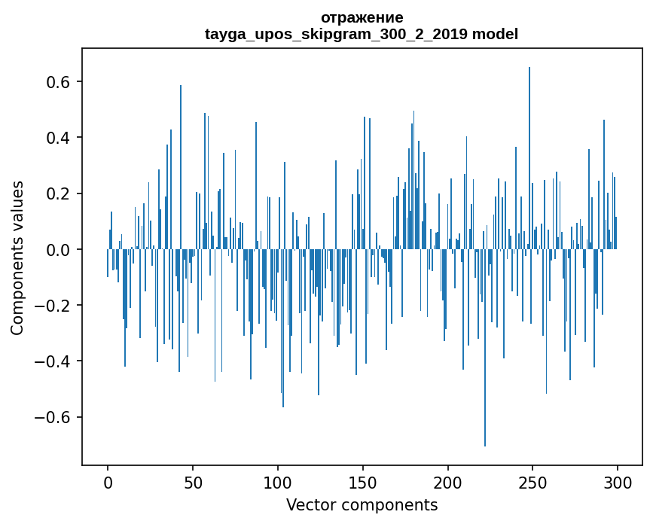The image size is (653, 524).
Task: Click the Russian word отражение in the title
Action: tap(362, 17)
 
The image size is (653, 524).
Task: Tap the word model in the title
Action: tap(495, 34)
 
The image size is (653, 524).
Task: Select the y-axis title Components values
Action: tap(17, 257)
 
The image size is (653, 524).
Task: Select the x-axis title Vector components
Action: tap(362, 504)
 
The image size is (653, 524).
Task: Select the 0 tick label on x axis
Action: tap(108, 482)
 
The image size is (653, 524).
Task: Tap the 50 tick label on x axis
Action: tap(193, 482)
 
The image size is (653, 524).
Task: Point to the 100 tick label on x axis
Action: tap(278, 482)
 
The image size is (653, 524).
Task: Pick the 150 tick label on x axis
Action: tap(363, 482)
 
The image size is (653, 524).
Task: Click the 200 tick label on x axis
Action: tap(448, 482)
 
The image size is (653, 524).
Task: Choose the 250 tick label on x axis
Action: tap(533, 482)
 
